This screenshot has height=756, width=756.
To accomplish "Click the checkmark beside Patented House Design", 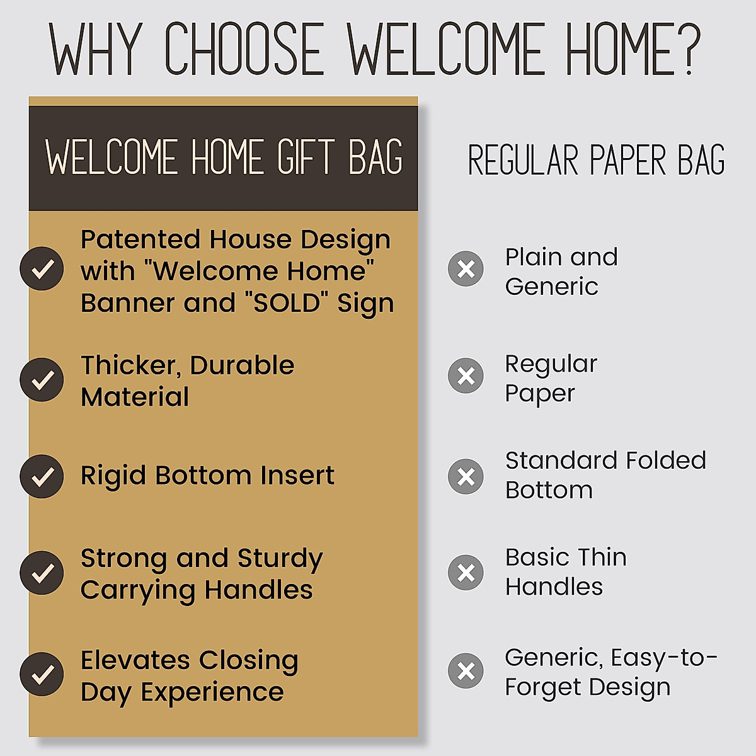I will click(42, 269).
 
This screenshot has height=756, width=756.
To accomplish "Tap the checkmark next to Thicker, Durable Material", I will click(42, 380).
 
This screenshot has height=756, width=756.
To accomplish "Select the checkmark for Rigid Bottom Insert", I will click(42, 476).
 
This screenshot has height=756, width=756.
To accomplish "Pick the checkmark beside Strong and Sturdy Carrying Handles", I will click(42, 573).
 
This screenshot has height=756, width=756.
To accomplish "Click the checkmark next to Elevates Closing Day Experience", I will click(42, 674).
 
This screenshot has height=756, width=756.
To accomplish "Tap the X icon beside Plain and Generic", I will click(466, 269).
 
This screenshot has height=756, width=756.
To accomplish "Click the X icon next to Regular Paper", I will click(466, 376).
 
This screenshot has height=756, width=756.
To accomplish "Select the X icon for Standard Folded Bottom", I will click(466, 476).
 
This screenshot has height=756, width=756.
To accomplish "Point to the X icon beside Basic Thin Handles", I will click(466, 573).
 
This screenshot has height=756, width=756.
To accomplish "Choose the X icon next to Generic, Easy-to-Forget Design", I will click(466, 671).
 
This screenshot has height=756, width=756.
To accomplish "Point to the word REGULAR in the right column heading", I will click(523, 160).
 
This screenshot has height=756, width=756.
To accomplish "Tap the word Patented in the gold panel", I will click(140, 240).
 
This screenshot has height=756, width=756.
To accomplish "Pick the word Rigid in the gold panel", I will click(113, 476).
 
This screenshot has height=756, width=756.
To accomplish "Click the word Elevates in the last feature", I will click(135, 660).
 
